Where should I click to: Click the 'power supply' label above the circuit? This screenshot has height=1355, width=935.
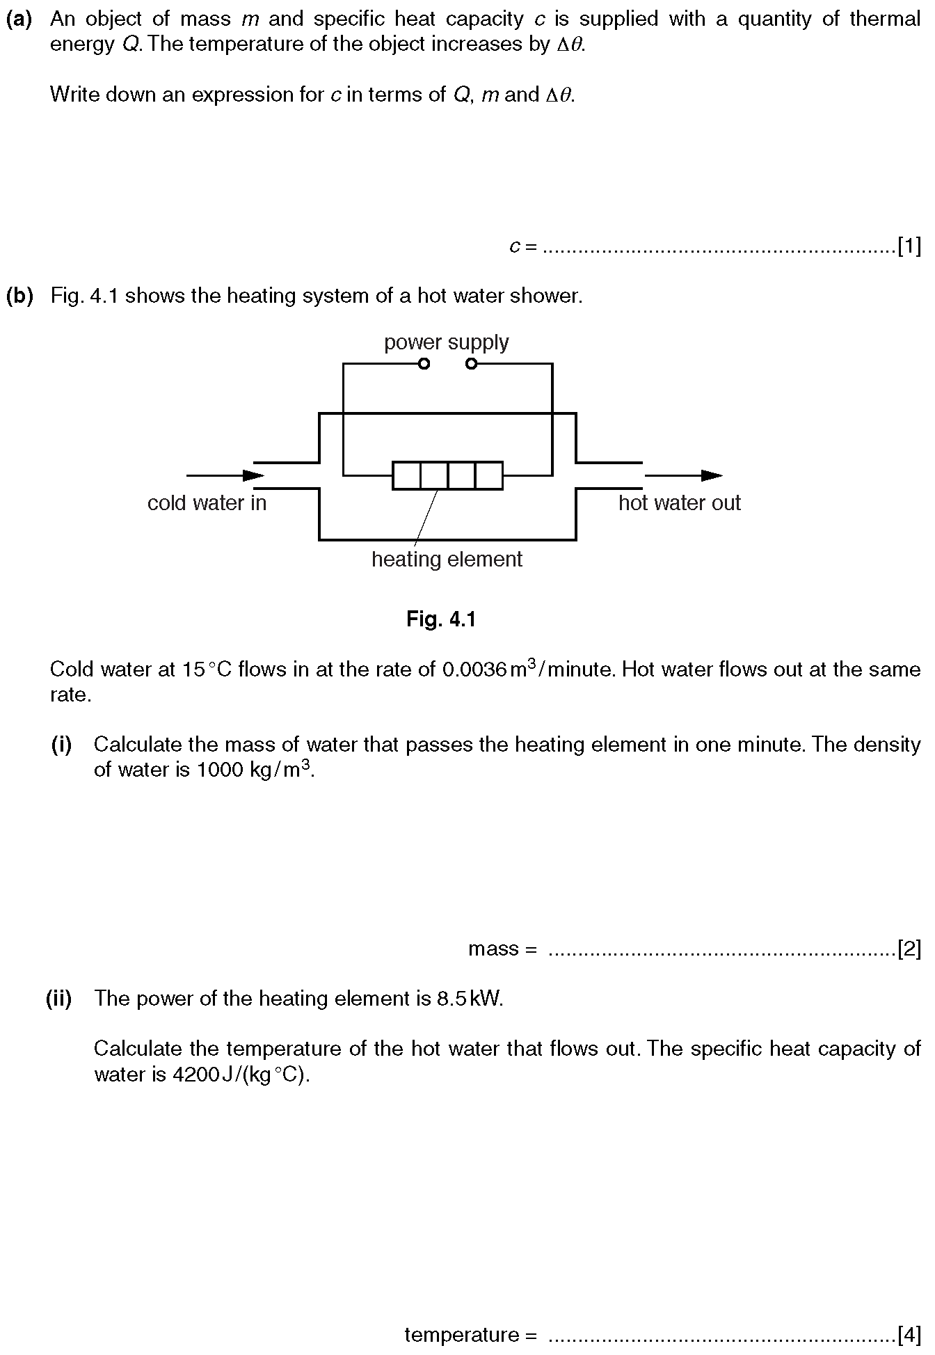446,343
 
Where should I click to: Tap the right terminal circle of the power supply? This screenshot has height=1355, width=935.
471,364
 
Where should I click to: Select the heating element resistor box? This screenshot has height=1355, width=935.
447,475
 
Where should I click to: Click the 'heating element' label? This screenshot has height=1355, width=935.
447,560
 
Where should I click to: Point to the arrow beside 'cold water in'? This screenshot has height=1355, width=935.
225,476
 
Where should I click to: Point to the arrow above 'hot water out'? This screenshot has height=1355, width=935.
683,476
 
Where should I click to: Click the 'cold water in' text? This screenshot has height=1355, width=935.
207,503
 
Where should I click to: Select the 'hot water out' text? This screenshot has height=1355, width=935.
680,503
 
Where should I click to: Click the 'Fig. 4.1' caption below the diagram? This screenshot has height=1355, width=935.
441,619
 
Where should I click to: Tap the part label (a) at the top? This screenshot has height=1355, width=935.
19,19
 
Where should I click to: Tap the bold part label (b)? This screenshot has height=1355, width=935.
19,296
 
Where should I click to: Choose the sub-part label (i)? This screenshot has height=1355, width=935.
61,745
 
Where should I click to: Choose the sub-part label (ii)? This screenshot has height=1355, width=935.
59,999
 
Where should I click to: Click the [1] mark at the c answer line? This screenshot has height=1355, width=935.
909,246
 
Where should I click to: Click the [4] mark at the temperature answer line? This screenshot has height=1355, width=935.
909,1335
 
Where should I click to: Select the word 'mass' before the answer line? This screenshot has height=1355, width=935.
494,949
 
